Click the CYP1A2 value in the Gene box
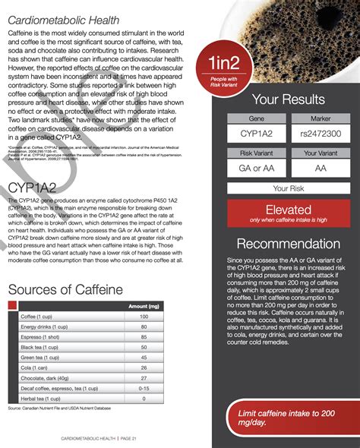pos(257,134)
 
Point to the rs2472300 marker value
pos(321,134)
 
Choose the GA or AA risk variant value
pos(257,168)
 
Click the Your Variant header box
pos(321,152)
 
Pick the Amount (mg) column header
pos(144,306)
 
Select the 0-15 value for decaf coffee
pos(144,388)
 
